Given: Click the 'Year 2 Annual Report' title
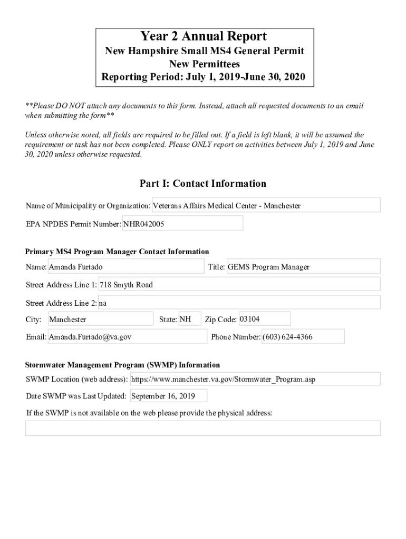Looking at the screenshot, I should coord(204,36).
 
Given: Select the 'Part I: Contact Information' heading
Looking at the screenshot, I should coord(203,184).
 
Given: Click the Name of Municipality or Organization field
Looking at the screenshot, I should coord(266,205).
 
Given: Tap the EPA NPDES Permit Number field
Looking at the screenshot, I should coord(182,224).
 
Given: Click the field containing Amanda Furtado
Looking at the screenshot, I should coord(125,267).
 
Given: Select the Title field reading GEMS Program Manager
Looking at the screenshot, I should coord(303,267).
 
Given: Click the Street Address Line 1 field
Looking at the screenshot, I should coord(239,285).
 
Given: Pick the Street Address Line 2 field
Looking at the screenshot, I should coord(239,303).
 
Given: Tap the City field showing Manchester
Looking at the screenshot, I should coord(100,319).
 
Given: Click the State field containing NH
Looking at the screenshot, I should coord(189,319).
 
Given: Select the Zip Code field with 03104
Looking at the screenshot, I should coord(264,319).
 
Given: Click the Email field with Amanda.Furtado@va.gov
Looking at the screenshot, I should coord(127,337).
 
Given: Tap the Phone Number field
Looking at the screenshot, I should coord(303,337).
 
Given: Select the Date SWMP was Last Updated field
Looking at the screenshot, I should coord(168,396).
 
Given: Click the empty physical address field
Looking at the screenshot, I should coord(203,428).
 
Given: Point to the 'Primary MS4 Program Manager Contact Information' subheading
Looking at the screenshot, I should coord(117,252).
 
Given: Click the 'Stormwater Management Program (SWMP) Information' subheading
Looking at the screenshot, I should coord(122,365).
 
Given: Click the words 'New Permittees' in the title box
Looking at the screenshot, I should coord(204,64).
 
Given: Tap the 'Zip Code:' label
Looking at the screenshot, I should coord(220,320).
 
